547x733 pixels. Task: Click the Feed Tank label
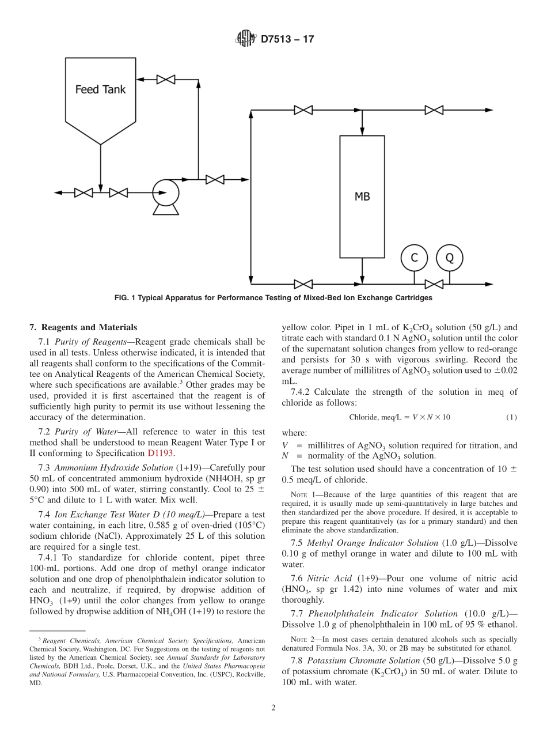101,90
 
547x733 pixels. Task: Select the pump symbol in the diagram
165,193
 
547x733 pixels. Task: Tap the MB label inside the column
362,197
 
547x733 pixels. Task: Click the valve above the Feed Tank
166,80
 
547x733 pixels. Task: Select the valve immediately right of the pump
215,180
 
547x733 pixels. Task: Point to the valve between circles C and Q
434,284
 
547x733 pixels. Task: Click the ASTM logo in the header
246,39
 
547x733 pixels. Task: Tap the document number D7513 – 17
287,40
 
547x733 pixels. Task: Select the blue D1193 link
160,452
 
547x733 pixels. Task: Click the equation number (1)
511,417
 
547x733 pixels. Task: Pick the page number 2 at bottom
273,708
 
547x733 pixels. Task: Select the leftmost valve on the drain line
83,192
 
